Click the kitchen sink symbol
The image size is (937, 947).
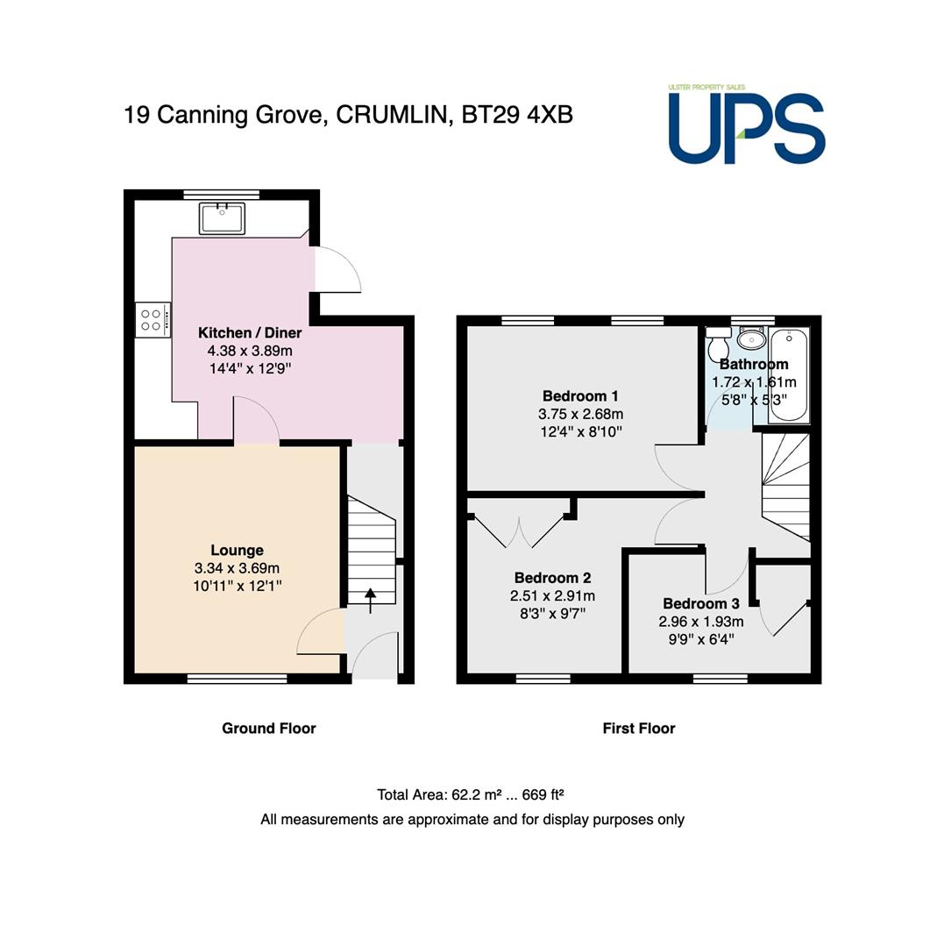coord(222,218)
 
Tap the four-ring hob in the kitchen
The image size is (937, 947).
coord(153,320)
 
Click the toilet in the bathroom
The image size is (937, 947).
coord(719,344)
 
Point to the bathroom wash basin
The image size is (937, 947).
coord(752,338)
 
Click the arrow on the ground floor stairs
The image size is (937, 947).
coord(370,601)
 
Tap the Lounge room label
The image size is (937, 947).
coord(238,550)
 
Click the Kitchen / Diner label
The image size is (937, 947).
coord(250,333)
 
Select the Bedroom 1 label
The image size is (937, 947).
coord(580,396)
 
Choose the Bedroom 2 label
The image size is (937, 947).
coord(552,578)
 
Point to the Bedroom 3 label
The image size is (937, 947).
coord(701,603)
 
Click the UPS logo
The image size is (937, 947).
coord(747,125)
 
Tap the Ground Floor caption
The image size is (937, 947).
coord(269,729)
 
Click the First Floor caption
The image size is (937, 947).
coord(639,729)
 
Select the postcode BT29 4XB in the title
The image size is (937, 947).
coord(517,115)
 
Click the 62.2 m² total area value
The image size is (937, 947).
coord(477,794)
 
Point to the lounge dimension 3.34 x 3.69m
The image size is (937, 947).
coord(237,568)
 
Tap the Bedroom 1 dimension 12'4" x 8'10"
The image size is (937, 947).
coord(580,431)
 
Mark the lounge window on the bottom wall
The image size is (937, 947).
coord(237,679)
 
